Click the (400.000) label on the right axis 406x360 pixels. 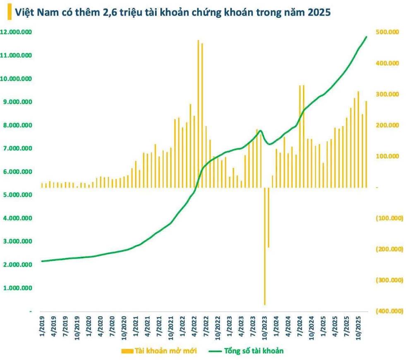coord(388,311)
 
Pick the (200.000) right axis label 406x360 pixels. coord(388,249)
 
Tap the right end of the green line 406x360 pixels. coord(366,37)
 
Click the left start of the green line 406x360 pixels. coord(42,261)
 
